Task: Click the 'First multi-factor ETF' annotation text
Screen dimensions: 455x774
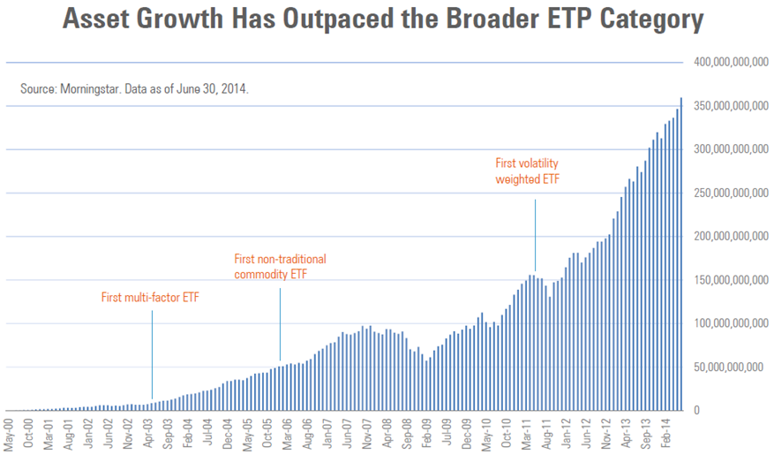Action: [150, 298]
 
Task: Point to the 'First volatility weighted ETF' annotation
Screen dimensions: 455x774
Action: [528, 171]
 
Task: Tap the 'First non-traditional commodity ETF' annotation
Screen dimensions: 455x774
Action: [280, 267]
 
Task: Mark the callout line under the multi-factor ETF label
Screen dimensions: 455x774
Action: [152, 353]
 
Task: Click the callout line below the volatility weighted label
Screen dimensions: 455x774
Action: [536, 234]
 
